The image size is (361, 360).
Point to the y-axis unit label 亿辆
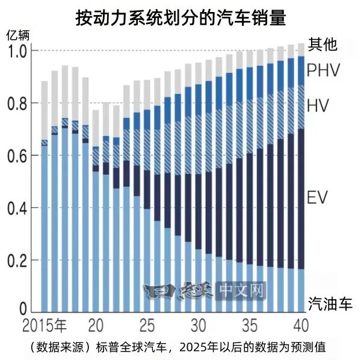pos(17,35)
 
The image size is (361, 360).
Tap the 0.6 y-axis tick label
pos(17,156)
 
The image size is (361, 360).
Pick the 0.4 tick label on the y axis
pos(17,208)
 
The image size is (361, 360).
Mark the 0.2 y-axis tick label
pos(17,261)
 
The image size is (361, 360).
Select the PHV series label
pos(324,70)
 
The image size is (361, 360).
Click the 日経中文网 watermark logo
pos(205,292)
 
